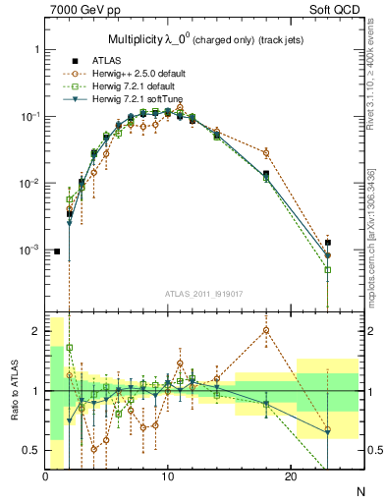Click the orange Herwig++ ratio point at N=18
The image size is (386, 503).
click(266, 330)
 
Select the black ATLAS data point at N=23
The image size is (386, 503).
click(328, 243)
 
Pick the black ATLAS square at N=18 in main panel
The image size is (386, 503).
click(266, 174)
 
